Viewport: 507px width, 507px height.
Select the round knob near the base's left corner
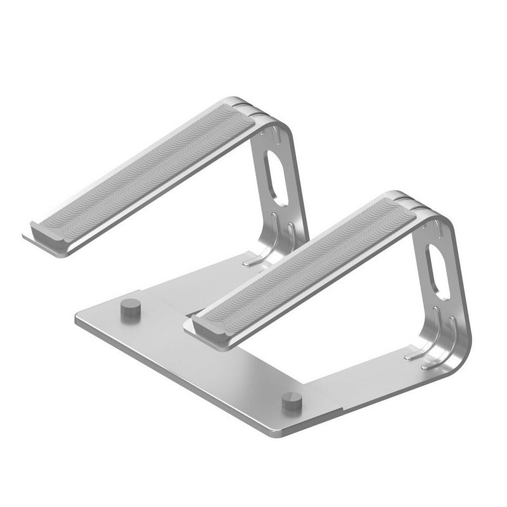(x=131, y=309)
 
